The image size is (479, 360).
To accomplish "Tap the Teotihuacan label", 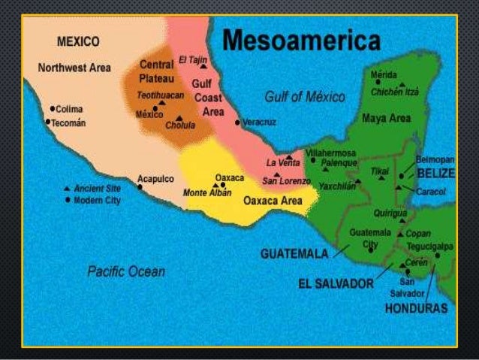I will [159, 95].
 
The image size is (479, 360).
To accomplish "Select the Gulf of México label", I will [304, 97].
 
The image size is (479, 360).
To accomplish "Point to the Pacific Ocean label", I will [126, 271].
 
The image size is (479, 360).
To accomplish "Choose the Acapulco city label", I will [155, 179].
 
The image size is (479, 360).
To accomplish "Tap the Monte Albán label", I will [205, 193].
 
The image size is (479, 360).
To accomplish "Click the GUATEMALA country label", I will [295, 254].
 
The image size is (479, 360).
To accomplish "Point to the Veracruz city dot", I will [237, 122].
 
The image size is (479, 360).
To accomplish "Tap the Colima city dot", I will [50, 107].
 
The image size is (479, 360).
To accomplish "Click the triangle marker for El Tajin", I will [203, 66].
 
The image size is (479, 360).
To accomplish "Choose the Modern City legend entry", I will [93, 201].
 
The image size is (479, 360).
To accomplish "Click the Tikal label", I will [379, 171].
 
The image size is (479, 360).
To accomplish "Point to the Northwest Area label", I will [74, 68].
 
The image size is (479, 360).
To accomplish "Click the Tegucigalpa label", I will [431, 245].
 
